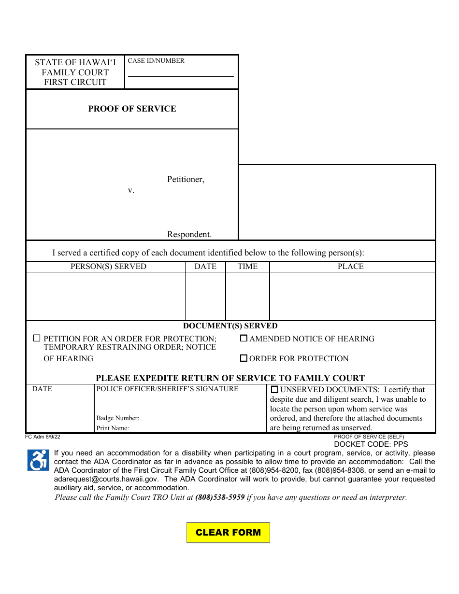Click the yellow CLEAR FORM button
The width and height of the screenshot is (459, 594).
click(x=228, y=533)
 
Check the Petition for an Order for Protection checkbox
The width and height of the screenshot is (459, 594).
click(x=37, y=339)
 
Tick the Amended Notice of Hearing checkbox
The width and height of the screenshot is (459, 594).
click(x=244, y=339)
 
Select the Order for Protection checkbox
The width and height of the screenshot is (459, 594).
click(x=244, y=358)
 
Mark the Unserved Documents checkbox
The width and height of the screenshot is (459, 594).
click(x=275, y=390)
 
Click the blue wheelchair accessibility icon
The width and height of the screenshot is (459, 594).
click(x=38, y=460)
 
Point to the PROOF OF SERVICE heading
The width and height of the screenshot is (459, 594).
click(x=132, y=109)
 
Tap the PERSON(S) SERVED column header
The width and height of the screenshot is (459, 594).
click(x=108, y=267)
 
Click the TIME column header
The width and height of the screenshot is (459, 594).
click(x=247, y=267)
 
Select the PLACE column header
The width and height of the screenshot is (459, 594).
click(x=351, y=267)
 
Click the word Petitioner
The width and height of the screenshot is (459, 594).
click(x=186, y=179)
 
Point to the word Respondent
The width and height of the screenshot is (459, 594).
click(x=189, y=234)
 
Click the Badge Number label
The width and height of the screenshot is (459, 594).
click(x=117, y=418)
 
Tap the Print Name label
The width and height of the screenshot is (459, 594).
click(x=113, y=428)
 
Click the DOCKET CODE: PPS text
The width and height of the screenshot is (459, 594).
click(x=371, y=444)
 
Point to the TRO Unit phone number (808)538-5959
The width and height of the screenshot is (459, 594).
click(x=220, y=497)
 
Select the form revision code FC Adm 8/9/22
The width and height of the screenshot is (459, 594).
click(x=43, y=437)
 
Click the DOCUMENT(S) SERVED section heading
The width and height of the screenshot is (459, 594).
click(x=230, y=326)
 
